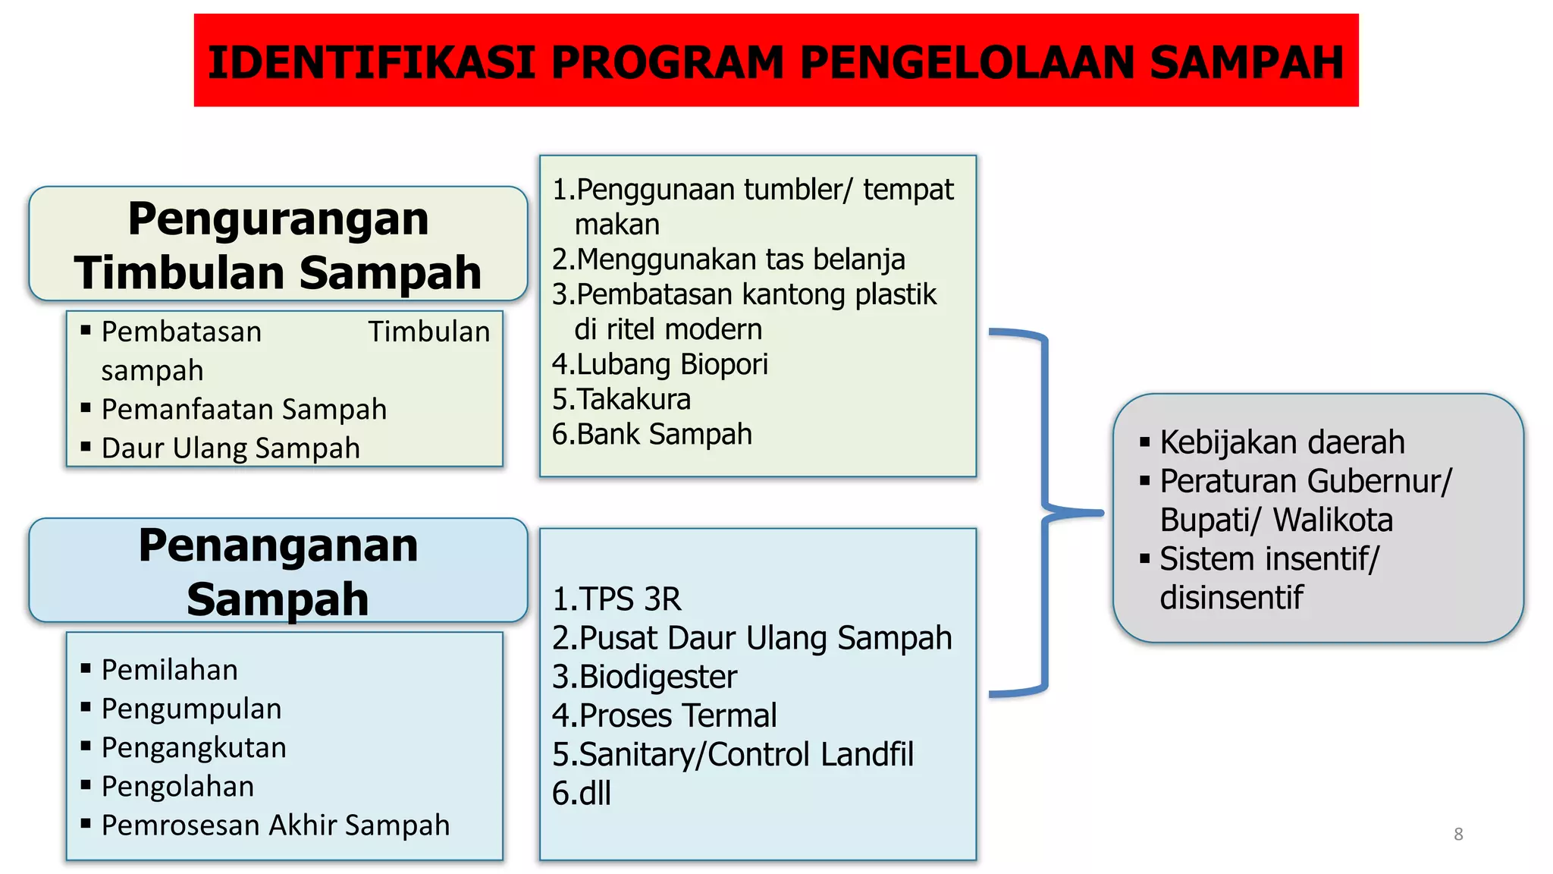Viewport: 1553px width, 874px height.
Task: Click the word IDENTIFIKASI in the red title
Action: tap(372, 62)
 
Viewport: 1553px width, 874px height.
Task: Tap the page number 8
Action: tap(1457, 834)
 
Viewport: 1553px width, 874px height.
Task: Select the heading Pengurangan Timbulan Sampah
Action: tap(278, 244)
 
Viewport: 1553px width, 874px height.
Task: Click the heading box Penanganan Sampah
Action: tap(278, 571)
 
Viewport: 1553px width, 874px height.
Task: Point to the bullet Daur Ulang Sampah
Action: tap(231, 448)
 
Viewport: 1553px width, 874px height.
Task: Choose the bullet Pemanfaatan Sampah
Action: tap(243, 409)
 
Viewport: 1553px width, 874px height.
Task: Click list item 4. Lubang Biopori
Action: tap(660, 364)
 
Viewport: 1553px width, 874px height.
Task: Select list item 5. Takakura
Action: tap(622, 399)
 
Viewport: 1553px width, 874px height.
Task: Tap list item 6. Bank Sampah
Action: tap(652, 434)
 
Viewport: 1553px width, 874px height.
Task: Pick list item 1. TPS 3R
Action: tap(616, 599)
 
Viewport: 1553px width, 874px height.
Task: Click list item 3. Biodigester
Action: tap(645, 677)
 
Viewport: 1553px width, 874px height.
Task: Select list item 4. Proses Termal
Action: tap(664, 715)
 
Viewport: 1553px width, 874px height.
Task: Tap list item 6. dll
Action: tap(582, 793)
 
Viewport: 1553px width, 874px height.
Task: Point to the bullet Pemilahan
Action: tap(169, 669)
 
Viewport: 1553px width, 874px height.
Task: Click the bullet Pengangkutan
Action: tap(193, 747)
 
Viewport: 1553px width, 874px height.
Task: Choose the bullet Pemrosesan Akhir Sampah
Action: tap(275, 825)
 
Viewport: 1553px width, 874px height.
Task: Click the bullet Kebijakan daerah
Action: tap(1282, 442)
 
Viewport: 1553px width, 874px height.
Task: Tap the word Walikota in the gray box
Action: tap(1332, 520)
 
